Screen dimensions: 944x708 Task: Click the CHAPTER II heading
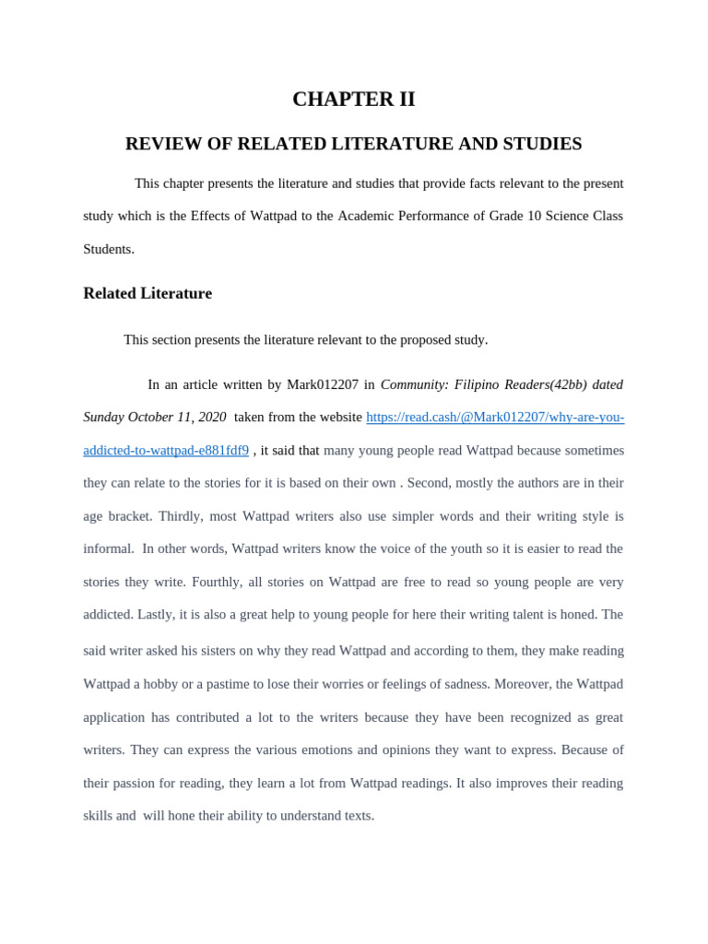354,100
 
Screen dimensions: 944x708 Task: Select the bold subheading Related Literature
147,293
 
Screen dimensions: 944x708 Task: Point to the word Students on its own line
109,249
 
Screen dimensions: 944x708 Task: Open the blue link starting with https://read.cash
495,417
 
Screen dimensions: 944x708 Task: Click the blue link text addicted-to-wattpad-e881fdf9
166,450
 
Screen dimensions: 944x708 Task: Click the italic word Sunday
105,417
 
